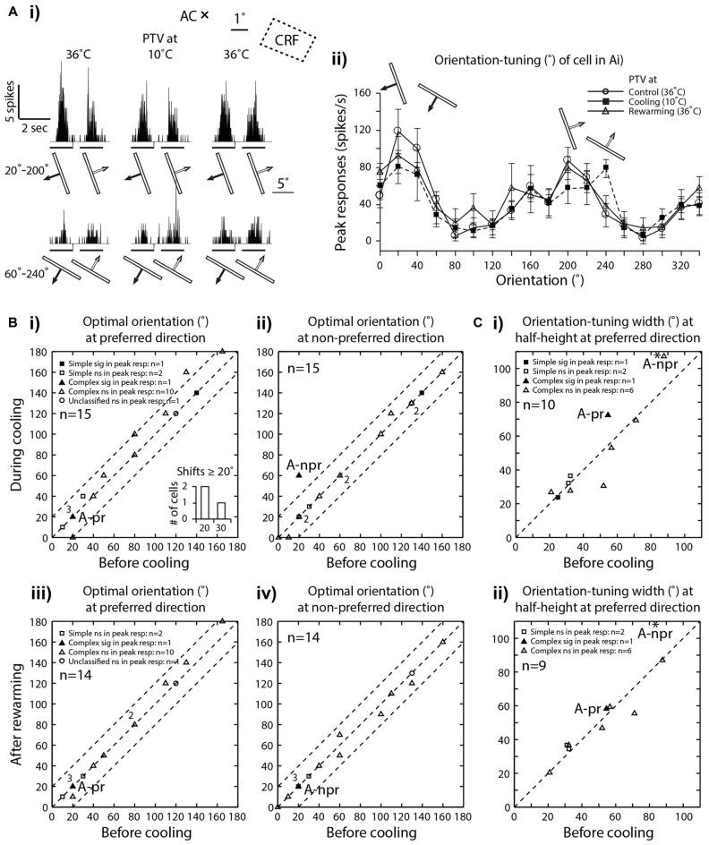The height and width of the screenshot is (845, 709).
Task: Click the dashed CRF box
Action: (287, 39)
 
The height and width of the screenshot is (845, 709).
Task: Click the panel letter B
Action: (10, 318)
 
